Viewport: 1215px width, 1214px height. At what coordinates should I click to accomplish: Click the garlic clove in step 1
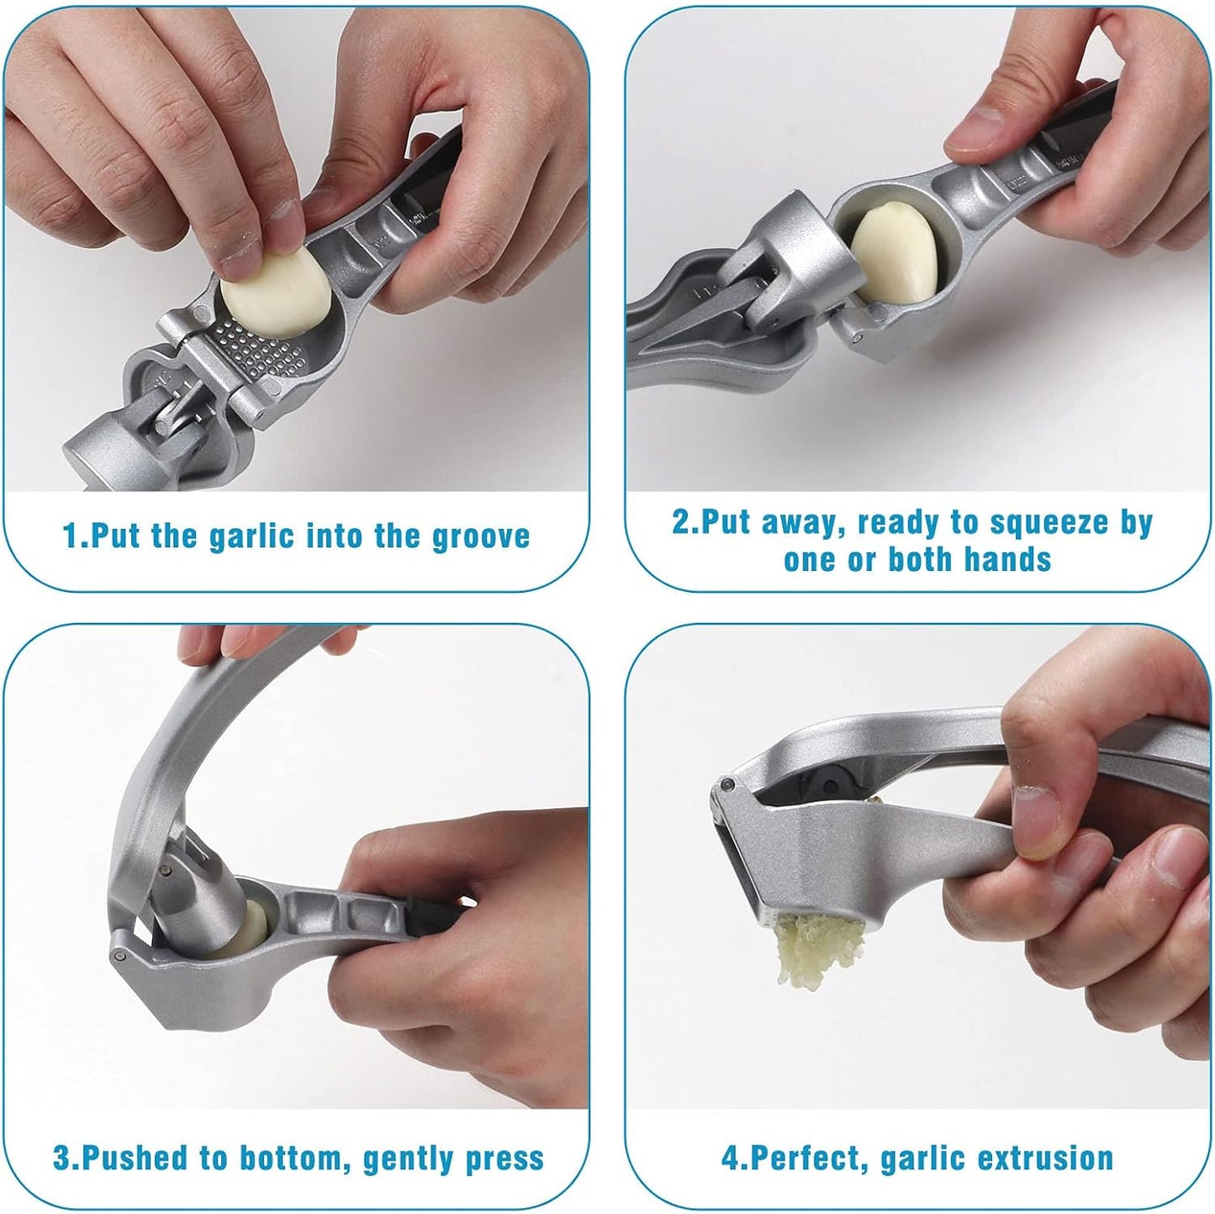tap(275, 297)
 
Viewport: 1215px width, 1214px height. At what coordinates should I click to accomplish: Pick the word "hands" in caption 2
tap(1007, 559)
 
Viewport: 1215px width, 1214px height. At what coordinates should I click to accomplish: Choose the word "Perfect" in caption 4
tap(806, 1159)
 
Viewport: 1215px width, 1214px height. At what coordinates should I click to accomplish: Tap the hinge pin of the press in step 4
tap(726, 785)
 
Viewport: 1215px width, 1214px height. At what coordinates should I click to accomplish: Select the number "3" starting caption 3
tap(61, 1159)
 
